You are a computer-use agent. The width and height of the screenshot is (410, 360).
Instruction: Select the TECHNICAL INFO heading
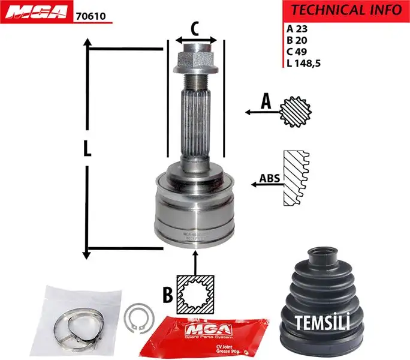click(346, 10)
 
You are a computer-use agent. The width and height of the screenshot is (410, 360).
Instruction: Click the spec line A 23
click(297, 28)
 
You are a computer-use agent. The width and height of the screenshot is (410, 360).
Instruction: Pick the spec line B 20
click(297, 40)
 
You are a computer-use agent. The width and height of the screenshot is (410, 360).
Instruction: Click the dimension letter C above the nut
click(195, 28)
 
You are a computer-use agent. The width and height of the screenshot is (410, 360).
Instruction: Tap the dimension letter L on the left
click(88, 148)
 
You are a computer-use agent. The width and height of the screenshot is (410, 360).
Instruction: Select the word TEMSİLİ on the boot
click(322, 322)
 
